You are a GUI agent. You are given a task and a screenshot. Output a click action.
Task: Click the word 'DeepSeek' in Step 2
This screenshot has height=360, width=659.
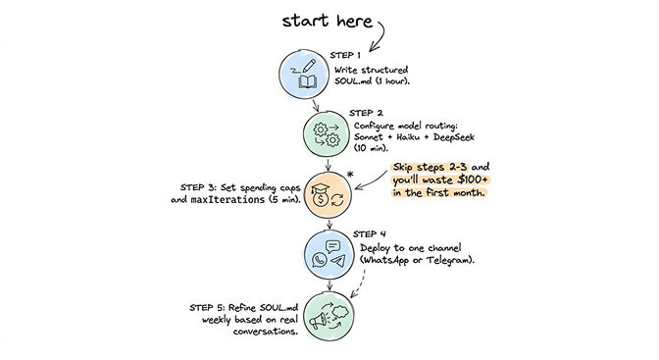pos(474,139)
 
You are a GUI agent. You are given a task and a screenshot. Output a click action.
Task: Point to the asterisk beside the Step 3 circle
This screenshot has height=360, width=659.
pos(364,175)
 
